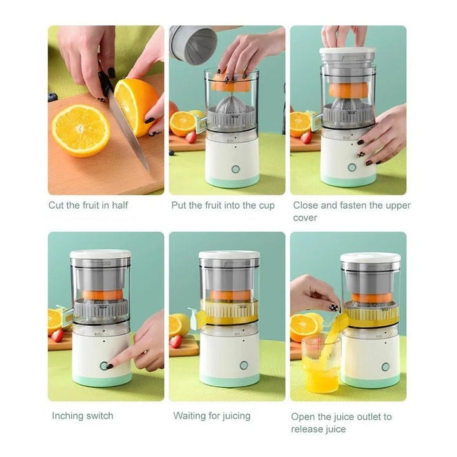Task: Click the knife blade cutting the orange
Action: click(128, 131)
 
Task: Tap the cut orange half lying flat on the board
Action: click(81, 130)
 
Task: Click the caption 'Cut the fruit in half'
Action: click(88, 205)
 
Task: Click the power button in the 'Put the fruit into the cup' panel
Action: click(235, 169)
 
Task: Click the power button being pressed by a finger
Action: click(103, 366)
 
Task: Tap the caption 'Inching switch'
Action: click(83, 416)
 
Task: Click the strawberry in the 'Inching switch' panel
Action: click(58, 336)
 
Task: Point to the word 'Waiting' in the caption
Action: click(189, 416)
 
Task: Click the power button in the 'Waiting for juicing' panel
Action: click(244, 365)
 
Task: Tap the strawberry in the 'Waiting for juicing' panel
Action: click(176, 341)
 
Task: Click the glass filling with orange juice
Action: click(321, 364)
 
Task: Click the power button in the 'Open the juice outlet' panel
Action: click(385, 367)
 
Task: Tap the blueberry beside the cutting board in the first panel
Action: click(52, 97)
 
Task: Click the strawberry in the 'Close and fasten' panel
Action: click(306, 138)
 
